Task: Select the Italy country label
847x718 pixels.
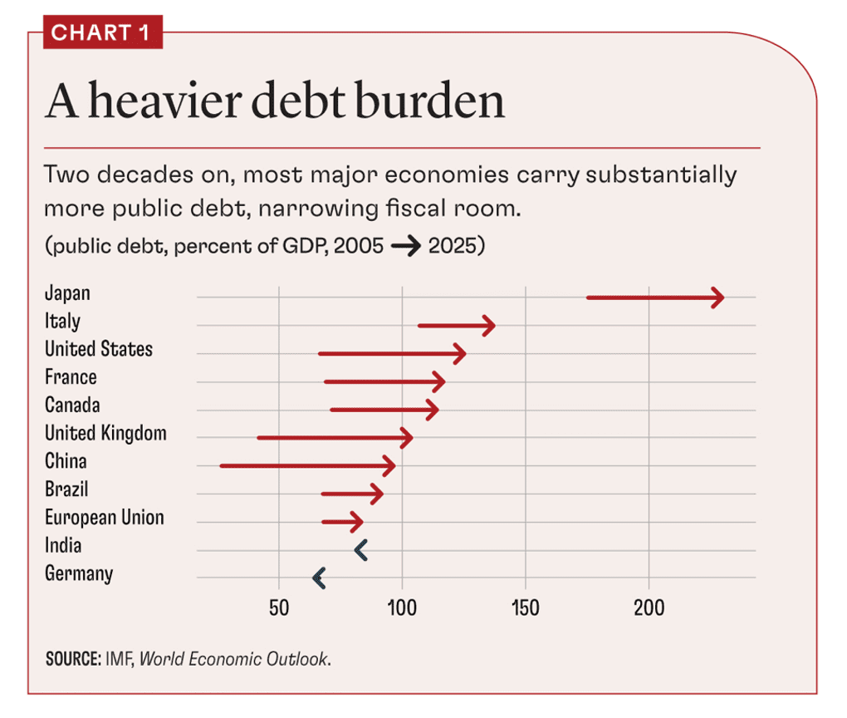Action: (62, 321)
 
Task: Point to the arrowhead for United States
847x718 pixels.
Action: (460, 354)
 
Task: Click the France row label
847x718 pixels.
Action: (71, 377)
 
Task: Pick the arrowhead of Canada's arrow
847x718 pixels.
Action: (433, 410)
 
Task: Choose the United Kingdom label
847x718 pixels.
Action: (105, 433)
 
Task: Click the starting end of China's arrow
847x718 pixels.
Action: (222, 466)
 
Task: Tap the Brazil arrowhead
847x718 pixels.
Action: (378, 494)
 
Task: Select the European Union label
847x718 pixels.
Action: (105, 518)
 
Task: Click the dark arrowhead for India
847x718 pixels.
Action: (360, 549)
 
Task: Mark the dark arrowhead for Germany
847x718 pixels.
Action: (318, 578)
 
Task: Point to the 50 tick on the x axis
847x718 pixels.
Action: (279, 608)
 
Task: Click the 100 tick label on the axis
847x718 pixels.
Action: (402, 608)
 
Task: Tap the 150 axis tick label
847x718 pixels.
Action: (526, 608)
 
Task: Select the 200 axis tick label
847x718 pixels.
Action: (649, 608)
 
